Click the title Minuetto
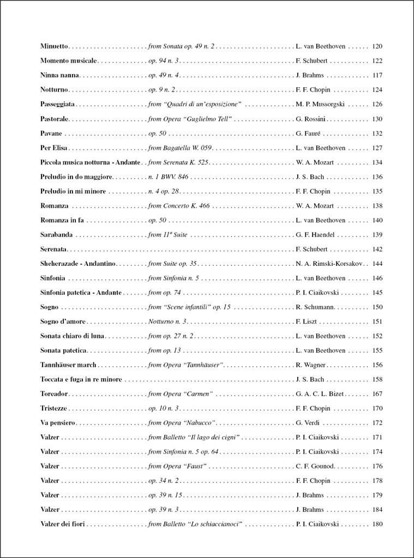pyautogui.click(x=54, y=47)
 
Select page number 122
pyautogui.click(x=377, y=61)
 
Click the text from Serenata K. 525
pyautogui.click(x=178, y=162)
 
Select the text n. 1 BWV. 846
pyautogui.click(x=168, y=177)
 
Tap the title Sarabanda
pyautogui.click(x=57, y=234)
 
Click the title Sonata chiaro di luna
pyautogui.click(x=73, y=336)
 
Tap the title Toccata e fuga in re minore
pyautogui.click(x=81, y=379)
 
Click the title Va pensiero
pyautogui.click(x=58, y=422)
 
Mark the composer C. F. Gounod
pyautogui.click(x=315, y=466)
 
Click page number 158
pyautogui.click(x=377, y=379)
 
